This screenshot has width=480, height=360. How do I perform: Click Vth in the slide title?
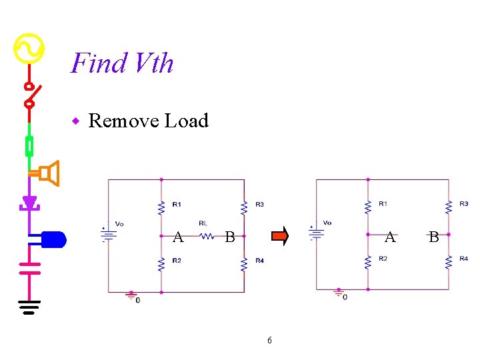point(153,63)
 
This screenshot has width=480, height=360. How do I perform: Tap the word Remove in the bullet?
point(123,121)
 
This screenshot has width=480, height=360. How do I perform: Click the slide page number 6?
point(269,340)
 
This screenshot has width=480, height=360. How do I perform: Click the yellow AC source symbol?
point(29,48)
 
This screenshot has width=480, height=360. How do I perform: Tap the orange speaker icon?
point(49,173)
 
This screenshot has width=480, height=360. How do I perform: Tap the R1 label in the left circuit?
point(176,204)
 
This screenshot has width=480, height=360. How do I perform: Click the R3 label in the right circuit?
point(463,203)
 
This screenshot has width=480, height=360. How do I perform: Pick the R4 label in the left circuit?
point(259,261)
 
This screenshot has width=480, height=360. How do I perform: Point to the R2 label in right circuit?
point(383,259)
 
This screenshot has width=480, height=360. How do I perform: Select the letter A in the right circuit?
point(391,237)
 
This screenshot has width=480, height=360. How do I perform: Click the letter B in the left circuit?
point(229,236)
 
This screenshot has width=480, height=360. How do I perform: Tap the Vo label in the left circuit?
point(119,223)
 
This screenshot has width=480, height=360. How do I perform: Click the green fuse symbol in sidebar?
point(29,145)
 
